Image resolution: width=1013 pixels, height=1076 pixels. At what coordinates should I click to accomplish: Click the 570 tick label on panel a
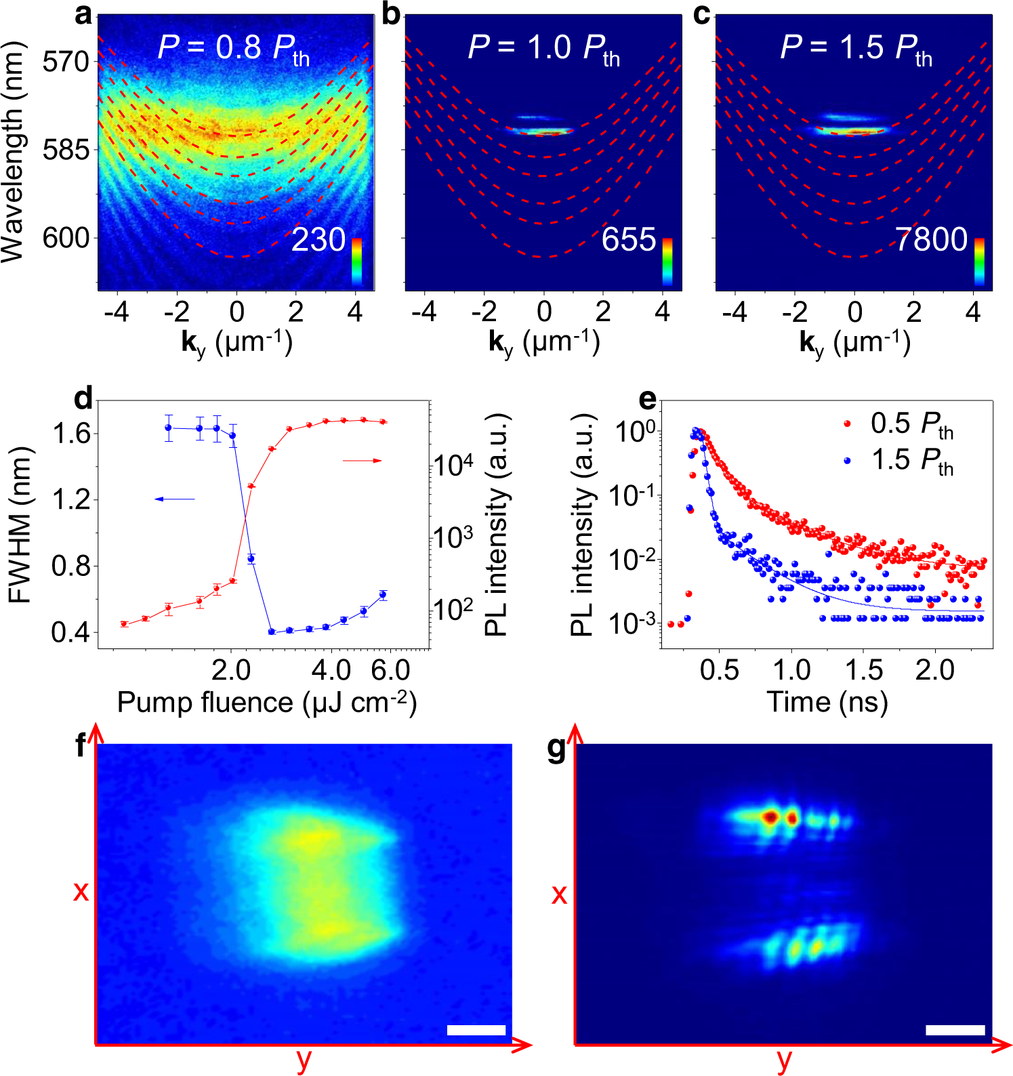(65, 62)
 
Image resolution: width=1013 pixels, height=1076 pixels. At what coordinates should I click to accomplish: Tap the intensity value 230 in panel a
(318, 240)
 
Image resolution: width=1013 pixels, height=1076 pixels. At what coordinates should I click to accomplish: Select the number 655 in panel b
(629, 240)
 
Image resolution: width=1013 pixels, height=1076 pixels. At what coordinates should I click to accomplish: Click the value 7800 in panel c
(931, 240)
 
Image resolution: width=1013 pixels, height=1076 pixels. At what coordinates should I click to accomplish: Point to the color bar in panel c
(979, 262)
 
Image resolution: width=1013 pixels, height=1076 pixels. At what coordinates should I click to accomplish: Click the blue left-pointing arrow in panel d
(175, 499)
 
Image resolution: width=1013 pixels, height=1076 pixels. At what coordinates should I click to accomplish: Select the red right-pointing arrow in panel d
(362, 461)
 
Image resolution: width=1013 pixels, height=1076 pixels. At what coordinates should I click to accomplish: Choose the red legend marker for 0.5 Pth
(847, 423)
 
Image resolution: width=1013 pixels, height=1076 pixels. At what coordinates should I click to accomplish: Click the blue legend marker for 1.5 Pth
(847, 460)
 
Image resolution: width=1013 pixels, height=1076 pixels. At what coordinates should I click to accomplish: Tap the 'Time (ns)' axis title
(827, 702)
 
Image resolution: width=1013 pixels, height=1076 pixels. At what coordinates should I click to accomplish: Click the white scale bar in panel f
(476, 1030)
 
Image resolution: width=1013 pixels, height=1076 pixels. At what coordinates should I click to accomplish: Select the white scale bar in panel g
(955, 1030)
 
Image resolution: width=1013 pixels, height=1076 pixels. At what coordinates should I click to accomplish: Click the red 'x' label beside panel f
(81, 890)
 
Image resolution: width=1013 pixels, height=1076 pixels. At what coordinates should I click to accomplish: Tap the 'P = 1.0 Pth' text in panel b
(543, 49)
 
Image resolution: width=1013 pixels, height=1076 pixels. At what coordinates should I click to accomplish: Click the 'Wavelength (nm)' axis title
(14, 152)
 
